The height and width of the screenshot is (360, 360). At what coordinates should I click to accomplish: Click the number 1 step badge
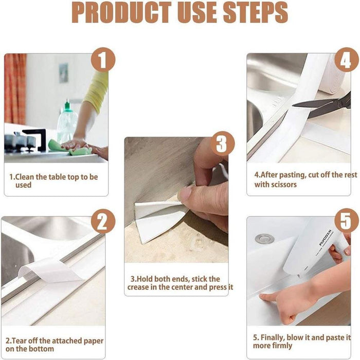click(103, 60)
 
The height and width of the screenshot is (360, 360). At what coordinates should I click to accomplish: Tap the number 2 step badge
click(103, 221)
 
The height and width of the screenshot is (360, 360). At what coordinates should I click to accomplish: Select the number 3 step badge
click(222, 143)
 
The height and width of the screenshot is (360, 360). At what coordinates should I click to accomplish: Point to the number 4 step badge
click(346, 60)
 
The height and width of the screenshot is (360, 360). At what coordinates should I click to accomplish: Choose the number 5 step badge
click(346, 221)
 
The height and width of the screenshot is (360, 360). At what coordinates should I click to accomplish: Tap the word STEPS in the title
click(256, 13)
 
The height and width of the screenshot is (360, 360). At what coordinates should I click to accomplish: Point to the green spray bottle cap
click(67, 106)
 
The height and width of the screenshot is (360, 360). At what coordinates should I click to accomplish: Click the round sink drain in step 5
click(265, 239)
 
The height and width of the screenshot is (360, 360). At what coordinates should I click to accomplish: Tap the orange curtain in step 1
click(15, 89)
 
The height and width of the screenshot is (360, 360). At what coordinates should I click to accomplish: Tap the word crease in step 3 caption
click(138, 287)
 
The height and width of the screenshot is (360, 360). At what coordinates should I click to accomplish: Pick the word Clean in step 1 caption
click(24, 177)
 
